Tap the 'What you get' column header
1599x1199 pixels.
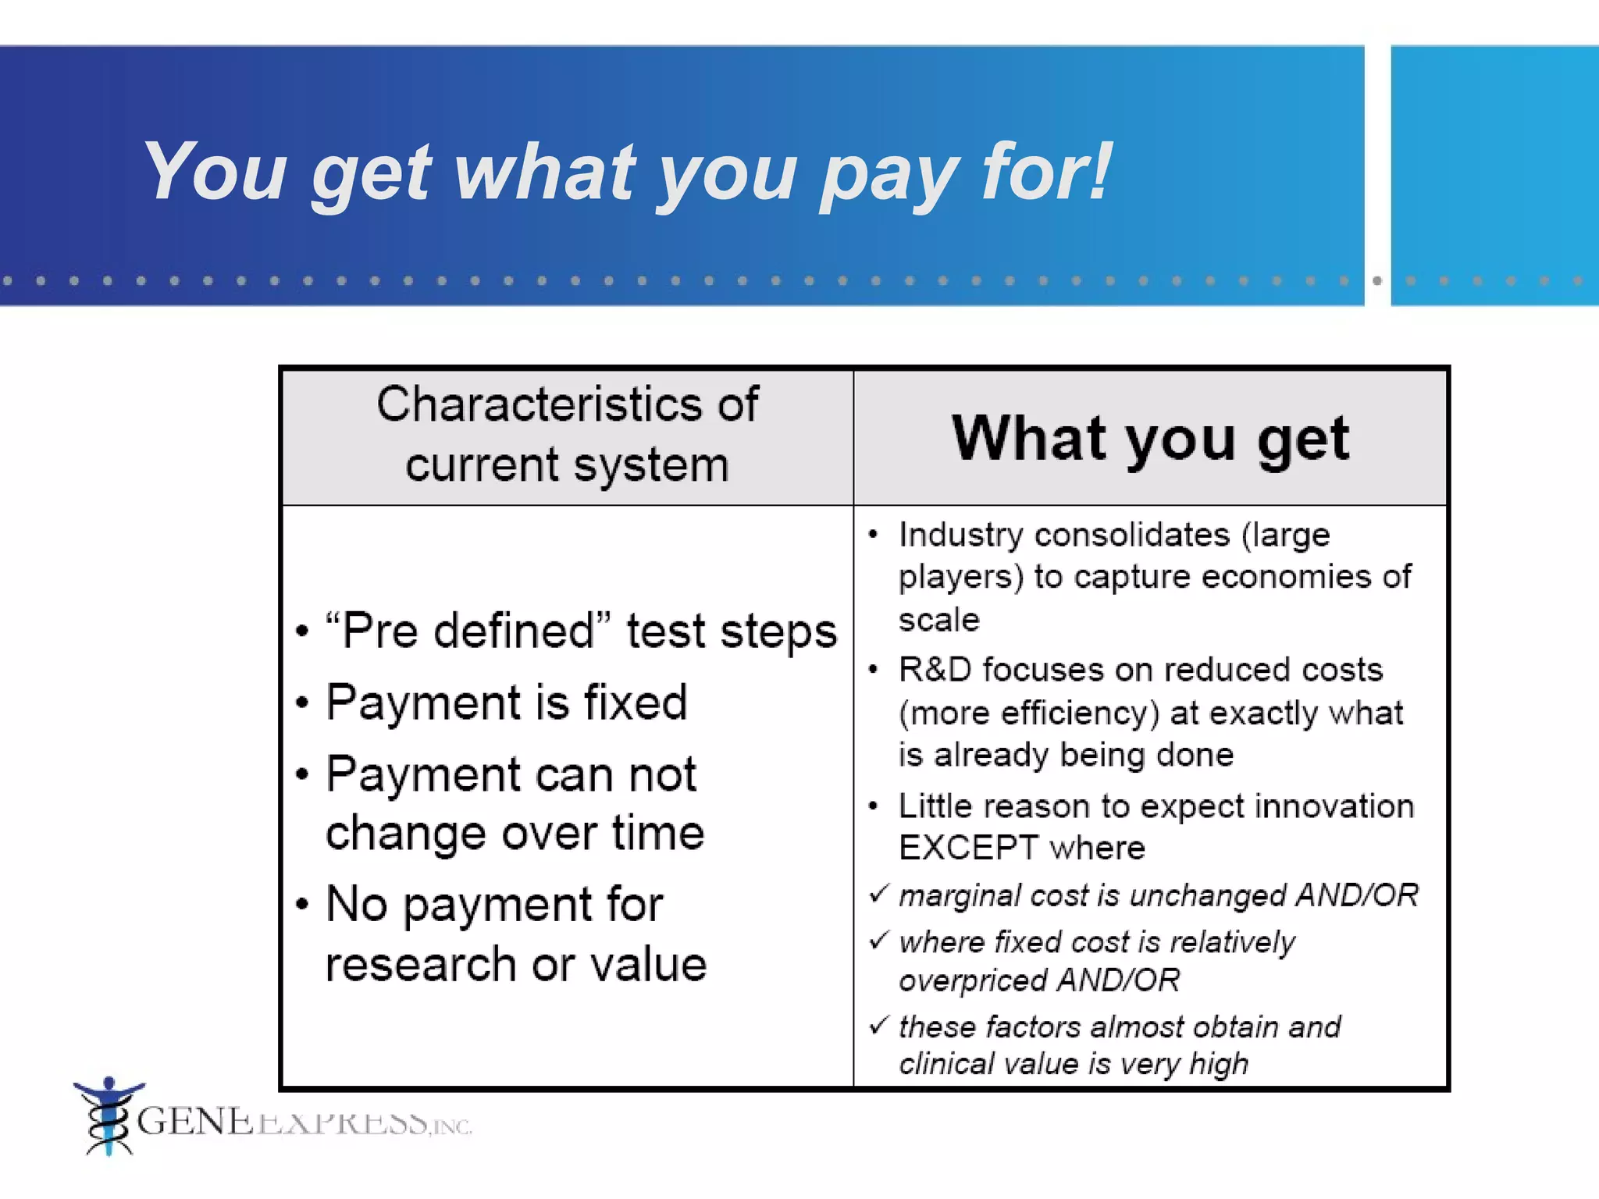tap(1150, 438)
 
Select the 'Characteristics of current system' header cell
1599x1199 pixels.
tap(568, 435)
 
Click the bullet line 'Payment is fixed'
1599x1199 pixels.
tap(507, 702)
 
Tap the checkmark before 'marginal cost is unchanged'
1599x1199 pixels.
tap(879, 892)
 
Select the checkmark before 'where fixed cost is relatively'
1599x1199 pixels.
tap(879, 939)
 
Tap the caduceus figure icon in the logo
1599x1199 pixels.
tap(109, 1116)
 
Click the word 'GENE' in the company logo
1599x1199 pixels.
tap(194, 1122)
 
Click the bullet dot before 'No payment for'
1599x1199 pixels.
tap(303, 905)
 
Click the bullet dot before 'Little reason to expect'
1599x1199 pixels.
tap(874, 806)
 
